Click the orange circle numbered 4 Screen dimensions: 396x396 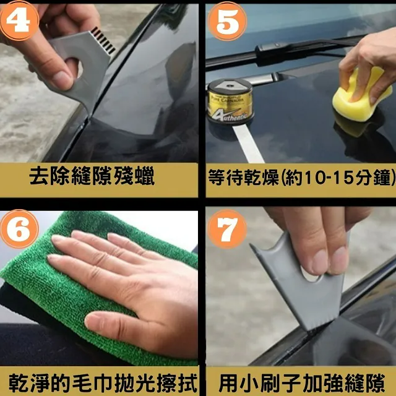click(19, 20)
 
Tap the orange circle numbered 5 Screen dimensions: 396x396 click(227, 21)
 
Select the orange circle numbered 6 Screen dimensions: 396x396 click(19, 229)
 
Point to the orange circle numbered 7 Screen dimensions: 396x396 click(227, 229)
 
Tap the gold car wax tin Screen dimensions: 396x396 click(230, 101)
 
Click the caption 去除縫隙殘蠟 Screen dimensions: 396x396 click(92, 176)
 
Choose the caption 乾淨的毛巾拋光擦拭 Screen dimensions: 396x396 click(103, 384)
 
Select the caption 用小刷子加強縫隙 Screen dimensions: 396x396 click(302, 384)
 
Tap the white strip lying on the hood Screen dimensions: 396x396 click(248, 143)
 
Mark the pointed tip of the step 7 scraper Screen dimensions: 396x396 click(251, 245)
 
